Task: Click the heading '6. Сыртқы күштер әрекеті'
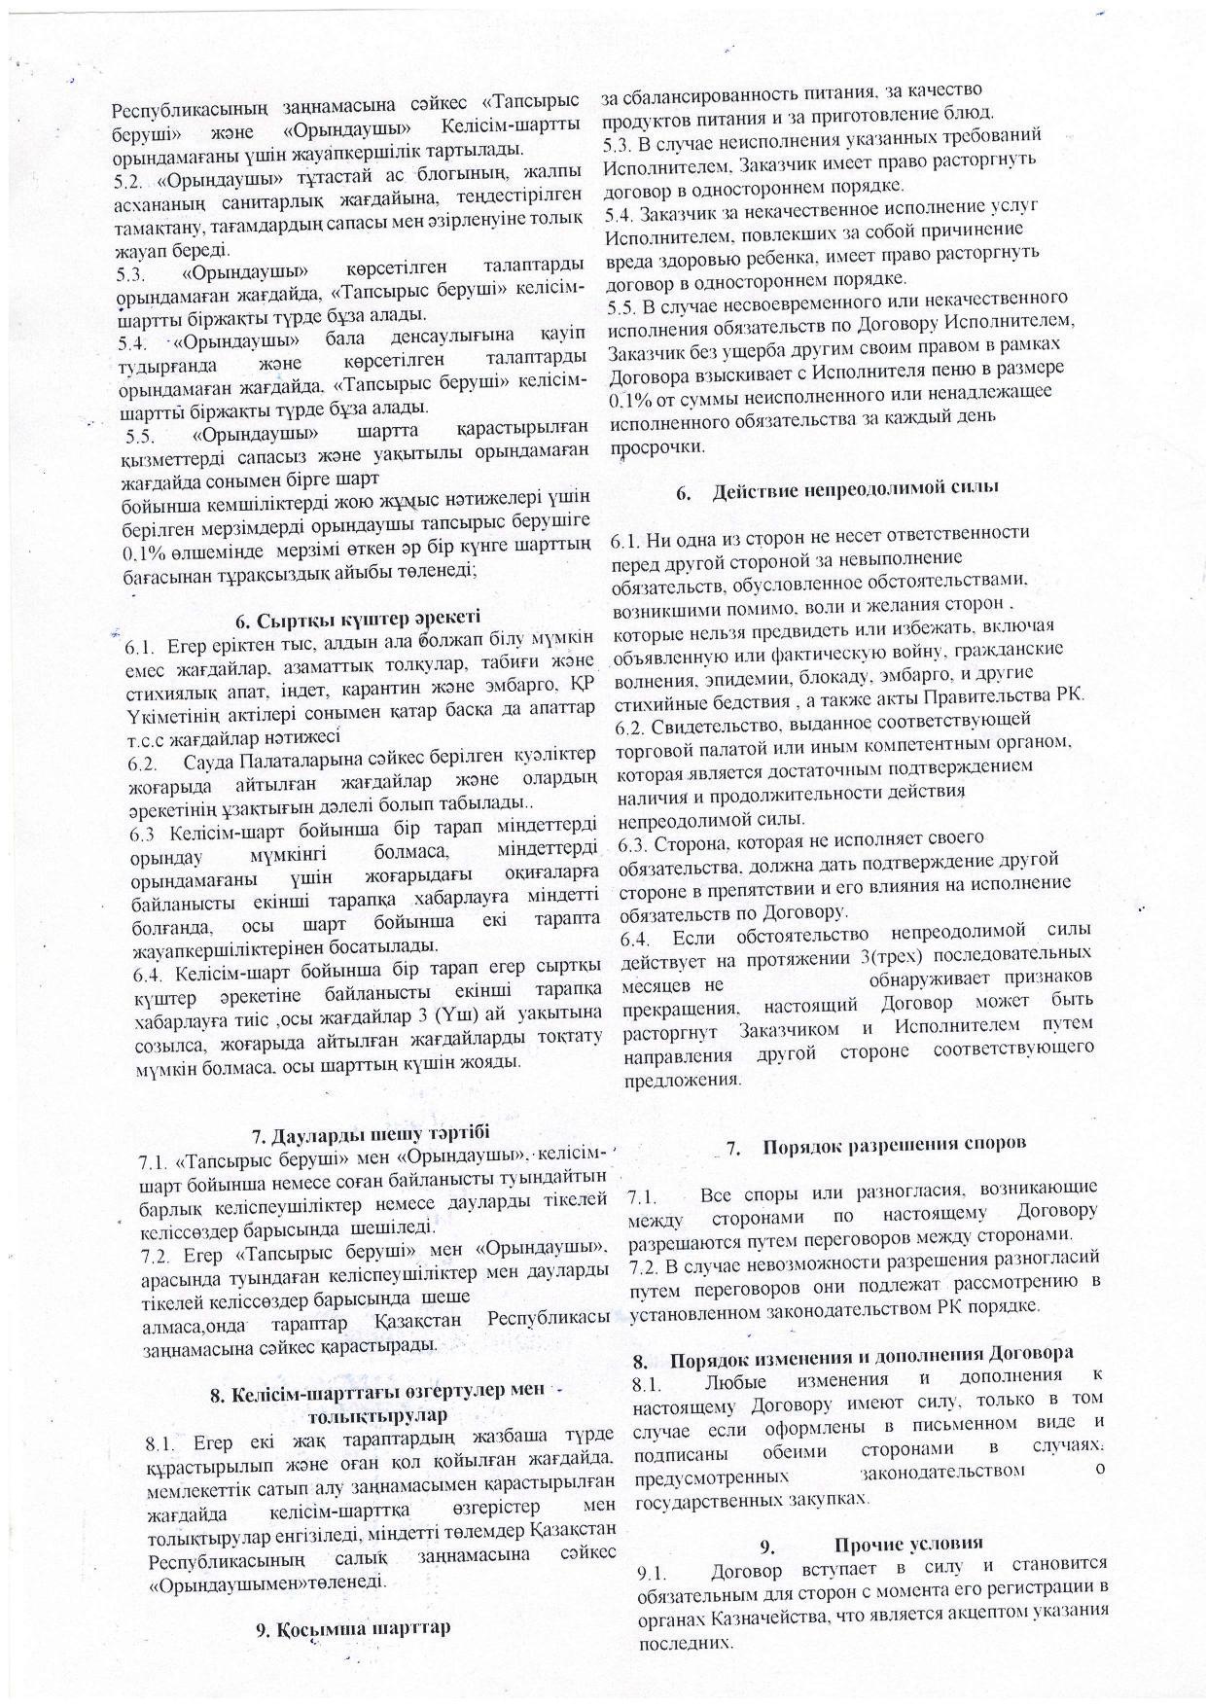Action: click(359, 618)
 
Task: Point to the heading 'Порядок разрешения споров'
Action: click(895, 1145)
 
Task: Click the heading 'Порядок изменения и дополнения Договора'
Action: click(871, 1355)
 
